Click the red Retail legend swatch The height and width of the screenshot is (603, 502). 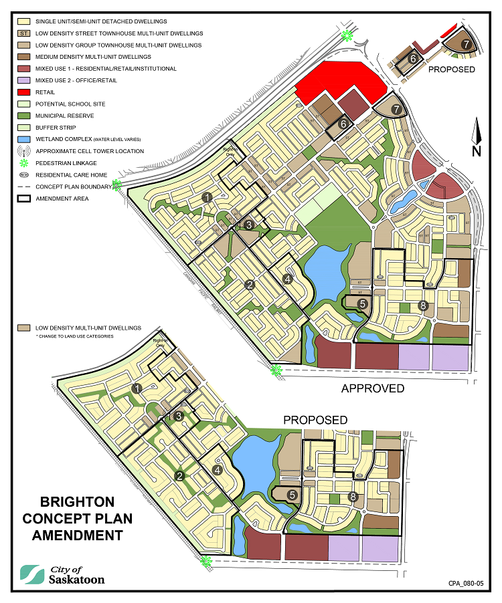tap(23, 92)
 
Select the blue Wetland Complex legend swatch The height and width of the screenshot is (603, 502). tap(23, 139)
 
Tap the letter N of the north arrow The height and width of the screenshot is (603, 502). tap(476, 150)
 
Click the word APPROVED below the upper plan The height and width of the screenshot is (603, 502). tap(373, 388)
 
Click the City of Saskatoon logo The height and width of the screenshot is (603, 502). tap(63, 574)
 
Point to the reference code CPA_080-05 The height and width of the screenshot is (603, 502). tap(466, 584)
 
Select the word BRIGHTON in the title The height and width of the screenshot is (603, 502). tap(77, 501)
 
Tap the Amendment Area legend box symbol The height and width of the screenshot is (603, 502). tap(23, 198)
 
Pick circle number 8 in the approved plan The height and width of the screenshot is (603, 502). tap(422, 306)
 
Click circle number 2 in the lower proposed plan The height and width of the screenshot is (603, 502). tap(179, 476)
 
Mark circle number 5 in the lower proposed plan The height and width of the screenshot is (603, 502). tap(292, 495)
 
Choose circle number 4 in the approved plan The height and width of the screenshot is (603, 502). tap(288, 279)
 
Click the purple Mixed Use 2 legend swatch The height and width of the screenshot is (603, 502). tap(23, 80)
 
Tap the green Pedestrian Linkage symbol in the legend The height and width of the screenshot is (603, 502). tap(23, 162)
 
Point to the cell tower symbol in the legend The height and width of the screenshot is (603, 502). tap(23, 151)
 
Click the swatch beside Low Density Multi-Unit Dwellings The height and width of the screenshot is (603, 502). tap(23, 328)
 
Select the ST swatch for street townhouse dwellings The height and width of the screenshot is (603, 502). tap(23, 33)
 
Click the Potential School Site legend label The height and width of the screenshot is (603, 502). tap(70, 104)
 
